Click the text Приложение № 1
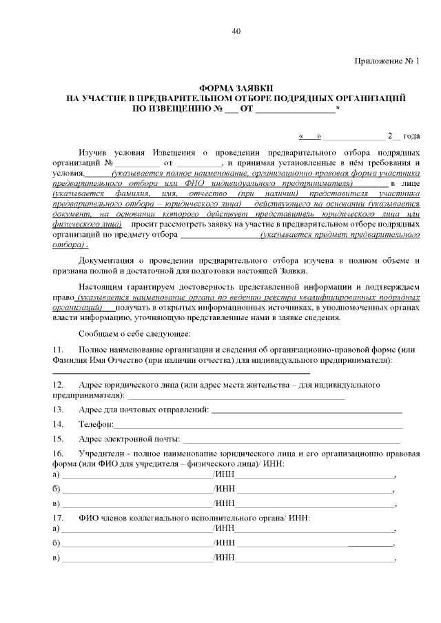pyautogui.click(x=387, y=61)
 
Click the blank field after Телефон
pyautogui.click(x=258, y=424)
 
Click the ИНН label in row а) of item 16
pyautogui.click(x=225, y=475)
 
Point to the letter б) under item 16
pyautogui.click(x=56, y=489)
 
